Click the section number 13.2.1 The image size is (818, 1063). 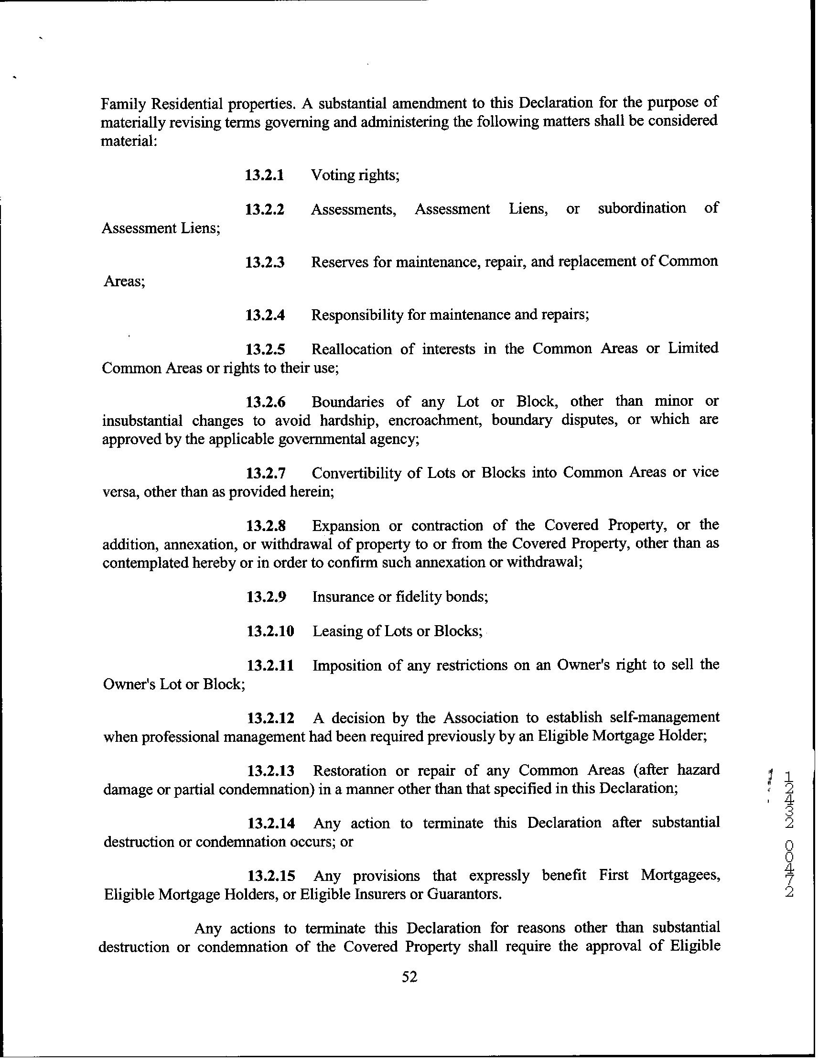(264, 175)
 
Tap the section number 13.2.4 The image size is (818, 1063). (265, 315)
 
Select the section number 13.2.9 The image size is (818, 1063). (266, 597)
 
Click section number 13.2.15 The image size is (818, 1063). (271, 876)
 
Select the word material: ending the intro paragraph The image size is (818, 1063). (129, 141)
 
